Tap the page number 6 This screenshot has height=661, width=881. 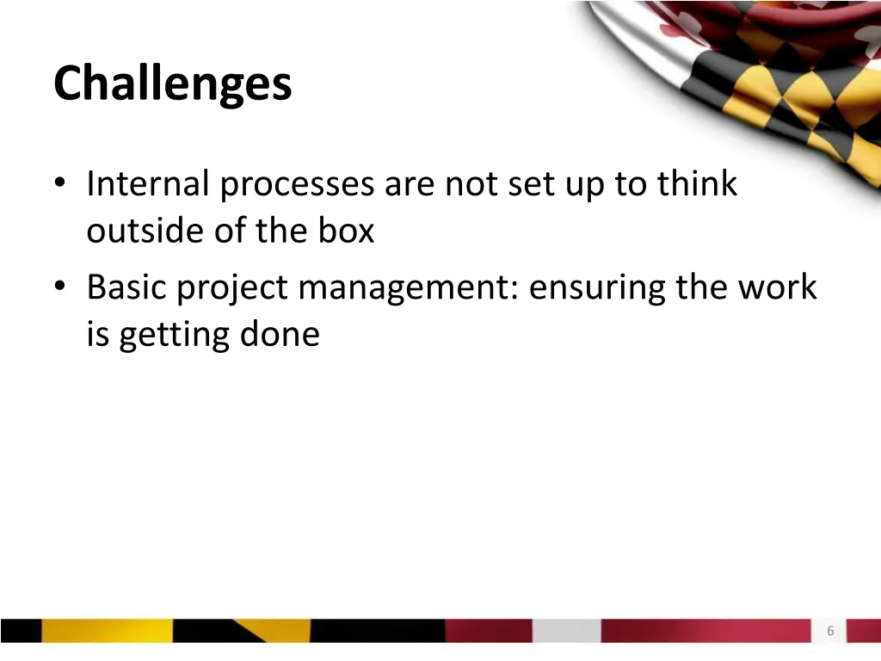click(x=830, y=631)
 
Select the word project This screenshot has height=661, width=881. click(x=233, y=287)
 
